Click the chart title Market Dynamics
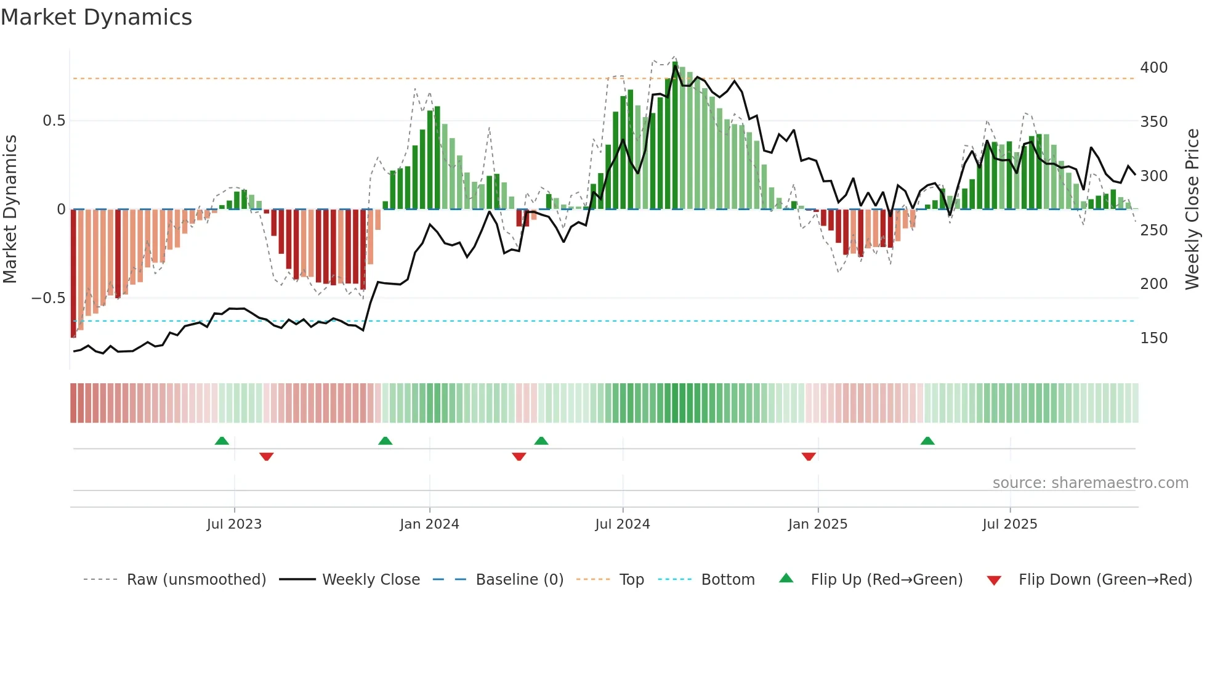[96, 17]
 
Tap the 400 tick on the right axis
[1153, 68]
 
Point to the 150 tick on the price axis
[1153, 338]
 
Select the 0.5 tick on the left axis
[54, 121]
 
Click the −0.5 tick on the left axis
[49, 298]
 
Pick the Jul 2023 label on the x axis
[234, 524]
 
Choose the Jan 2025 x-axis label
[818, 524]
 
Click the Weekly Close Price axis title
[1192, 209]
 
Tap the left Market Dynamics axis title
[10, 209]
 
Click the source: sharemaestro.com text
[1090, 483]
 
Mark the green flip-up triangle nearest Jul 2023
[222, 441]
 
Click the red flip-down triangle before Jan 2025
[809, 456]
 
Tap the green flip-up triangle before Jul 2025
[927, 441]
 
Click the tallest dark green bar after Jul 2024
[676, 136]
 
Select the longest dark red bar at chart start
[73, 274]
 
